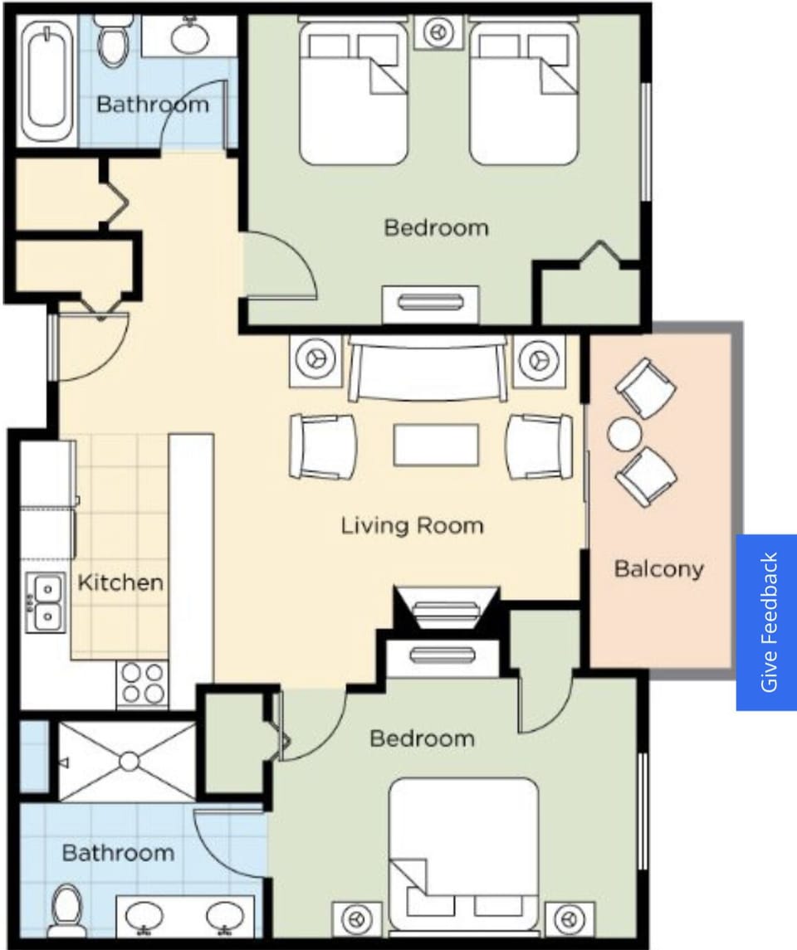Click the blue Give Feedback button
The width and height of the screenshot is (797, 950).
(766, 622)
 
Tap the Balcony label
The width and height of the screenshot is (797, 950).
(658, 569)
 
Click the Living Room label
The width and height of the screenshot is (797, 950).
(412, 525)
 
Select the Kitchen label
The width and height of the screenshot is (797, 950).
(120, 582)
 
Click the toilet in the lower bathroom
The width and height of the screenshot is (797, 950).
(66, 911)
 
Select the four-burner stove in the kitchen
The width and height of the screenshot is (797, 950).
(142, 684)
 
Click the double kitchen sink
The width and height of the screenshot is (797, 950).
(46, 601)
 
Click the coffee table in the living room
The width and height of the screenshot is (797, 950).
(436, 446)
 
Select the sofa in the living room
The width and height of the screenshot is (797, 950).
(428, 368)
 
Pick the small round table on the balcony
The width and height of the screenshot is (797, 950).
(624, 433)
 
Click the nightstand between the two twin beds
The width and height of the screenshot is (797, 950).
(438, 32)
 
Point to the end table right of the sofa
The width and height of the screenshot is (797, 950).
(538, 360)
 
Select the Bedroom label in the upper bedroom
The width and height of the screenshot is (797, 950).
(436, 227)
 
